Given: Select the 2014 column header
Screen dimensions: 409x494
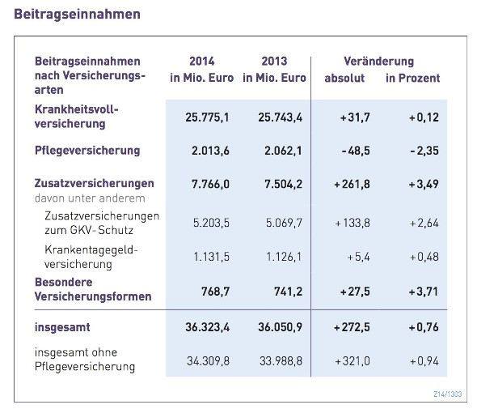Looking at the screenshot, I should pos(201,62).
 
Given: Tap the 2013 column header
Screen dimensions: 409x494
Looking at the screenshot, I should pos(274,62).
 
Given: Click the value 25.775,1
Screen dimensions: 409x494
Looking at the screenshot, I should pos(208,117).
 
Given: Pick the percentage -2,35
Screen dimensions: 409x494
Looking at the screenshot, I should pos(423,151).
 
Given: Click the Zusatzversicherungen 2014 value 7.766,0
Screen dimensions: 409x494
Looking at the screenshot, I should pos(208,184).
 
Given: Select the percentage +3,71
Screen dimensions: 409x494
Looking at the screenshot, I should pos(423,290).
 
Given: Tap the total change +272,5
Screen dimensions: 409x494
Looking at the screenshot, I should pos(351,327).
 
